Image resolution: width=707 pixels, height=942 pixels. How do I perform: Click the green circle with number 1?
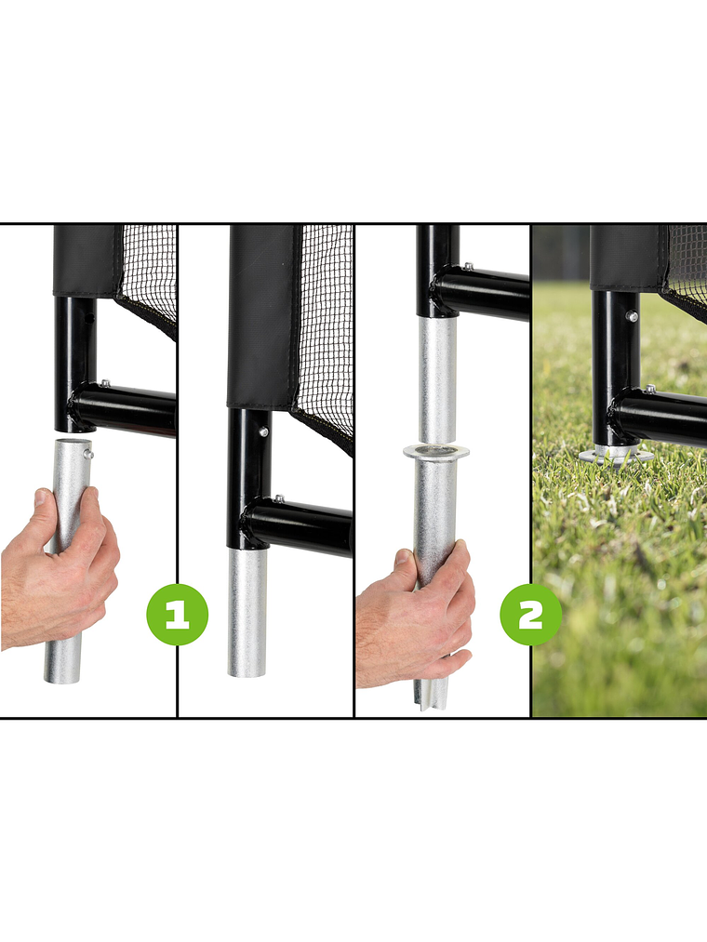[x=177, y=615]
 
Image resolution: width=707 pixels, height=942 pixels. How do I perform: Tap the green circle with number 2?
[x=530, y=615]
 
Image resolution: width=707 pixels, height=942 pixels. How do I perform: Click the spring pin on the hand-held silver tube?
[x=88, y=454]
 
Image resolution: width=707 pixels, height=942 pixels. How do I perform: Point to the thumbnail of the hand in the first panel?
[x=42, y=499]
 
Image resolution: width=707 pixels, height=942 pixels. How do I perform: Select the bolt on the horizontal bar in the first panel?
[x=105, y=384]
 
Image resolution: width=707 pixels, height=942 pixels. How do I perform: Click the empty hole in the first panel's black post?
[x=89, y=318]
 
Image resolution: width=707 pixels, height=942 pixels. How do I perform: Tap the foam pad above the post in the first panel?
[x=85, y=260]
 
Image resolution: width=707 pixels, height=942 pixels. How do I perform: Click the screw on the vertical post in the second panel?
[x=265, y=431]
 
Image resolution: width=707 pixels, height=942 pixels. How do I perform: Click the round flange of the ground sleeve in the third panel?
[x=435, y=452]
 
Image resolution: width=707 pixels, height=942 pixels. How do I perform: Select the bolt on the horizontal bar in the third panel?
[x=467, y=267]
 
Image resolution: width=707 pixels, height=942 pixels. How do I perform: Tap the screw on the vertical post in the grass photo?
[x=632, y=316]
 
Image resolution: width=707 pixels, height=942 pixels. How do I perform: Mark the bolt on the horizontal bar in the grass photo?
[x=648, y=389]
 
